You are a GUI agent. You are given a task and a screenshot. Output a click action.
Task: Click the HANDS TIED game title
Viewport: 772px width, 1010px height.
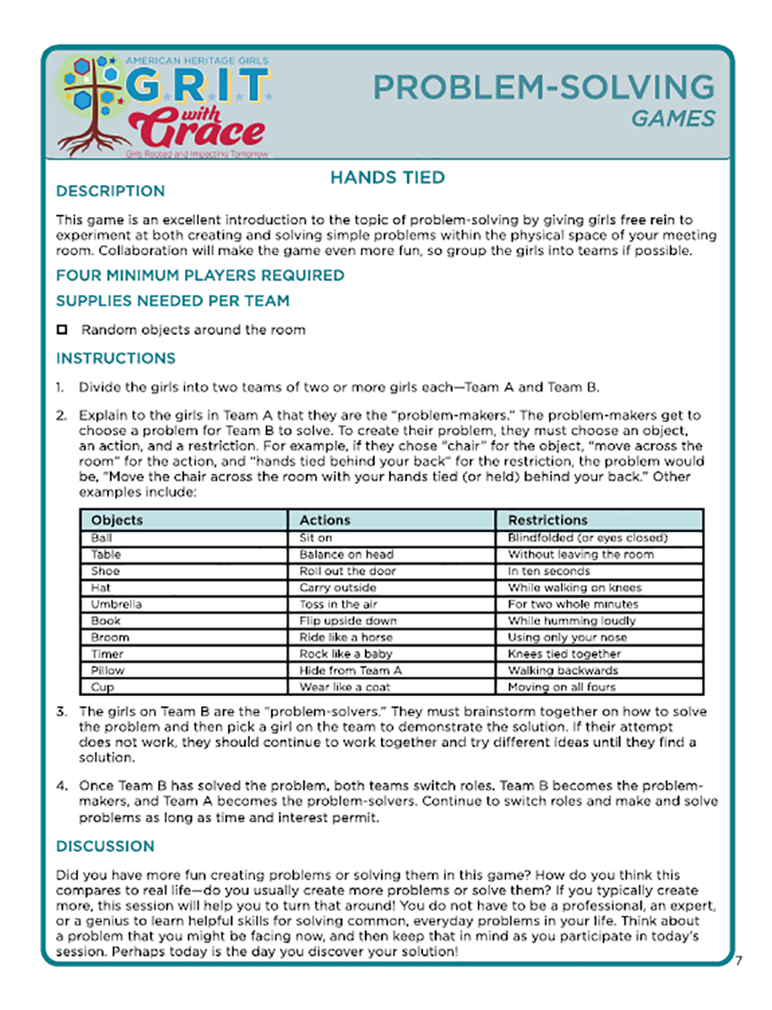pos(387,178)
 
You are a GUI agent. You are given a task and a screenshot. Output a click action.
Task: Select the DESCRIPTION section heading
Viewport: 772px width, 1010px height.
pos(110,191)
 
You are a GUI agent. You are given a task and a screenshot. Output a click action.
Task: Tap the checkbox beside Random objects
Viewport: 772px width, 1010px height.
pos(61,330)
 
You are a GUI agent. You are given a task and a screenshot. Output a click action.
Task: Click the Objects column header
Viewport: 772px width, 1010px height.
pos(117,520)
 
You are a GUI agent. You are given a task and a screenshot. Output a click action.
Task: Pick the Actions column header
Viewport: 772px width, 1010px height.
pos(325,520)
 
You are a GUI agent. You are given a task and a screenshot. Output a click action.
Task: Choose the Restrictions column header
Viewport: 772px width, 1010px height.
pos(547,520)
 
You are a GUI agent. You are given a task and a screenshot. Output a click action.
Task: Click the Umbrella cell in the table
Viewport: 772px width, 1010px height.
pos(116,604)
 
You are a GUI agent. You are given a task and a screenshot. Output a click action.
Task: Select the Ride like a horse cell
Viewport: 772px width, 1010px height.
pos(346,637)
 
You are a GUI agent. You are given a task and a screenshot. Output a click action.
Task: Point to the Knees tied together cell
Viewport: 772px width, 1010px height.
pos(564,654)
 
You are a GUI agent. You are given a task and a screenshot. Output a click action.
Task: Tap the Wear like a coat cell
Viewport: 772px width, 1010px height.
pos(343,687)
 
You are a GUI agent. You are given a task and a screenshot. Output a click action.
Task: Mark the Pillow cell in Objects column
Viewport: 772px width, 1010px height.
pos(107,671)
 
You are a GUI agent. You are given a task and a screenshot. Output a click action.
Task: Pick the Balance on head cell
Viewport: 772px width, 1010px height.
pos(346,555)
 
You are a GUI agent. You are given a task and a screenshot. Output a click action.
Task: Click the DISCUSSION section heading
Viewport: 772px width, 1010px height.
pos(105,846)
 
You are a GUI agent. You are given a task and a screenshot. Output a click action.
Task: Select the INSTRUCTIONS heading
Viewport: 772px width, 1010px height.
pos(116,359)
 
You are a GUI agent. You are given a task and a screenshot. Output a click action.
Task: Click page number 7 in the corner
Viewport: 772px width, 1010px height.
pos(737,962)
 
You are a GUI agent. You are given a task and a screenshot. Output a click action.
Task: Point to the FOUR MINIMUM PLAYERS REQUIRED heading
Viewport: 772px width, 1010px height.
pos(200,275)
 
